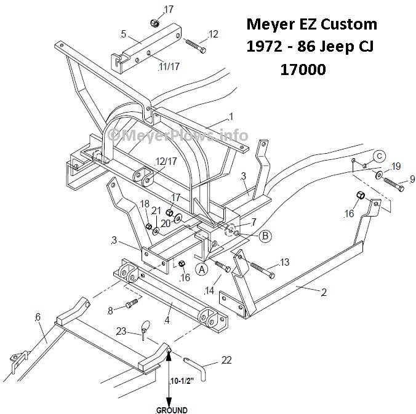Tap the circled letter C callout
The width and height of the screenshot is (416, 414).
(x=380, y=155)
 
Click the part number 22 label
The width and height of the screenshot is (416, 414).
(x=226, y=360)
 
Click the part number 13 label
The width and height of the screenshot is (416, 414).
(x=284, y=263)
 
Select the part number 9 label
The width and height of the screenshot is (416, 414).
(x=410, y=179)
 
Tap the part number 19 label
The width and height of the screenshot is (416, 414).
(x=396, y=166)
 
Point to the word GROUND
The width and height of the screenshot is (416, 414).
(x=171, y=409)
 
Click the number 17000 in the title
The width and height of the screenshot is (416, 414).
(x=303, y=70)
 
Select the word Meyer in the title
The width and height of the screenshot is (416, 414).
(x=270, y=25)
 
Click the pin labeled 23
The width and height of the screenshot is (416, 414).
(x=145, y=327)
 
